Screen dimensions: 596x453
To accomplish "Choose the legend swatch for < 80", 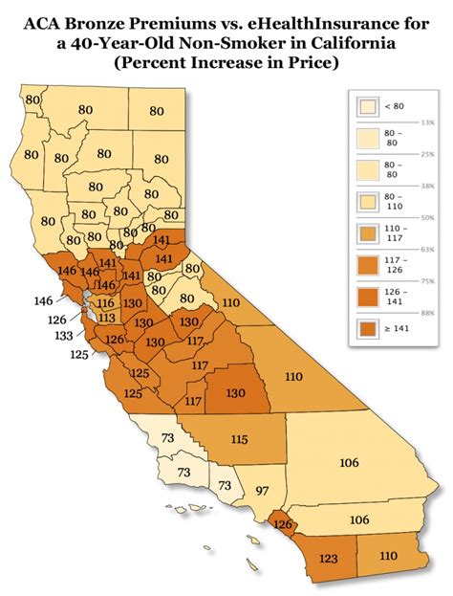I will pyautogui.click(x=366, y=107).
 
